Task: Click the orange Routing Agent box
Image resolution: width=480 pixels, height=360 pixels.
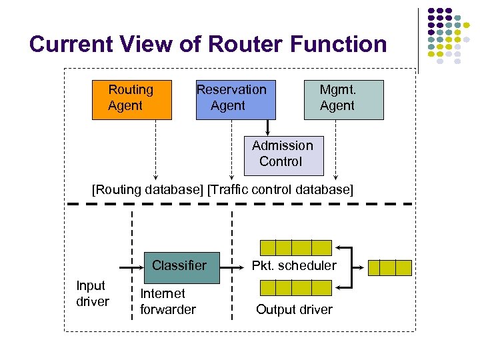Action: coord(131,99)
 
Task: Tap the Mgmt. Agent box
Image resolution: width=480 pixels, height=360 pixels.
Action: coord(343,99)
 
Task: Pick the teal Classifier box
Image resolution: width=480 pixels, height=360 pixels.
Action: coord(179,265)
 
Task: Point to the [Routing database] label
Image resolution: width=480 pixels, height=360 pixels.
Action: coord(147,189)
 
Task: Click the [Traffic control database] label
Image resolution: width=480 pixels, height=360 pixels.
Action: coord(280,189)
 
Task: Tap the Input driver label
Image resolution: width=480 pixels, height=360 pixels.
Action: coord(92,293)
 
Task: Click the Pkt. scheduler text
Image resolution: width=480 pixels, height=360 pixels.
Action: coord(294,266)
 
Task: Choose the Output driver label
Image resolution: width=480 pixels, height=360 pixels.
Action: coord(294,309)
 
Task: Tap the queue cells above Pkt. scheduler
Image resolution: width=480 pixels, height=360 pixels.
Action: coord(295,247)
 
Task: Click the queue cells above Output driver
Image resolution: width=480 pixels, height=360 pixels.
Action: coord(295,288)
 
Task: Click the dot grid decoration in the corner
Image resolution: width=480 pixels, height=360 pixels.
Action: coord(445,37)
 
